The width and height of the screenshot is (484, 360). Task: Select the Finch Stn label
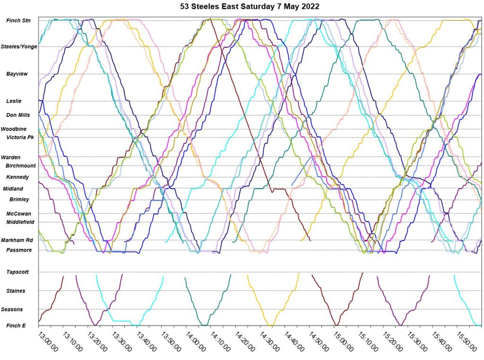[18, 20]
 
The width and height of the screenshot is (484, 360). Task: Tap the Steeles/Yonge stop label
[19, 46]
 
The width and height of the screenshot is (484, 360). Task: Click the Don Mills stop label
[18, 115]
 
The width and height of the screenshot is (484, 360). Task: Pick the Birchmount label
[20, 166]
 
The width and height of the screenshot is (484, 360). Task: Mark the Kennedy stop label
[17, 177]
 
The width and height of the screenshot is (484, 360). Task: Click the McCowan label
[19, 213]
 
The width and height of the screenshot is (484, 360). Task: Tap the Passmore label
[19, 250]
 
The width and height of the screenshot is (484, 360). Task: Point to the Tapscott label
[18, 272]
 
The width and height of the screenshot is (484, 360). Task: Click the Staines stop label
[16, 291]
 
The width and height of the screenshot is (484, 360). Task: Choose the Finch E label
[16, 325]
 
